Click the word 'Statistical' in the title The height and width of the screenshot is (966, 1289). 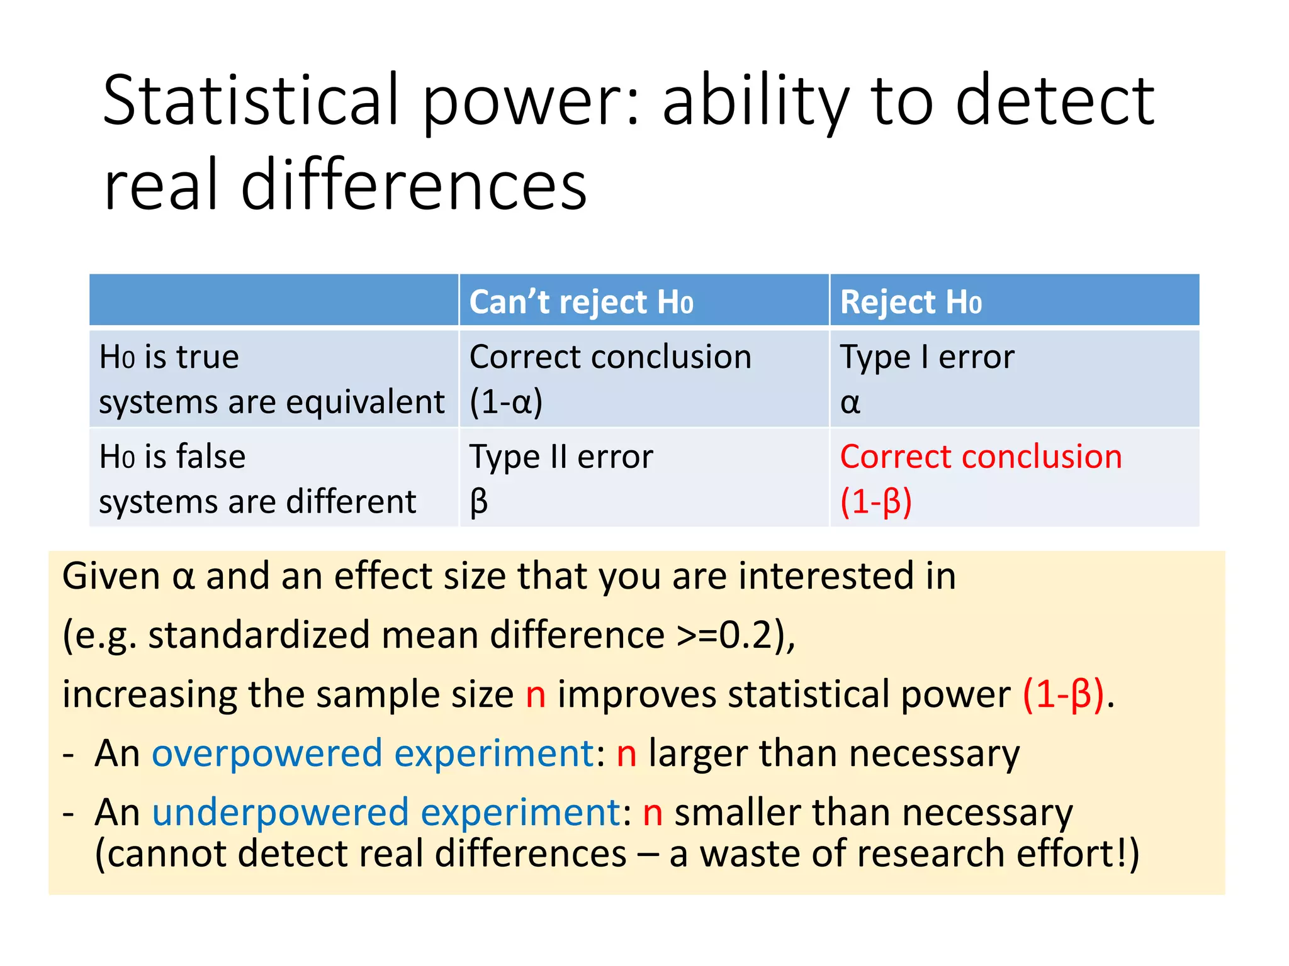(x=251, y=101)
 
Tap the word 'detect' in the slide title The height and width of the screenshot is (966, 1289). (x=1055, y=101)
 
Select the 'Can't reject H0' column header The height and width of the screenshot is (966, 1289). (x=581, y=302)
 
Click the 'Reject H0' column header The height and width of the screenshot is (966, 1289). (x=910, y=302)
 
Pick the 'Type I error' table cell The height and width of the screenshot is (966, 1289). (x=927, y=357)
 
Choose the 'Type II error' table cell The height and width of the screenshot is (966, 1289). (x=561, y=457)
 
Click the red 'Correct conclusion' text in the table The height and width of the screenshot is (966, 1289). (x=981, y=457)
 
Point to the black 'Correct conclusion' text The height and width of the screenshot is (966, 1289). (x=610, y=357)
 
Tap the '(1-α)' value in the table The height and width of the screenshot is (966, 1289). (x=506, y=402)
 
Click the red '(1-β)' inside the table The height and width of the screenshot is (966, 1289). (x=875, y=502)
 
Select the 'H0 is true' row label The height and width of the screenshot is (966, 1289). (x=169, y=357)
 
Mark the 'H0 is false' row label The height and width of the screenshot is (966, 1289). (x=172, y=457)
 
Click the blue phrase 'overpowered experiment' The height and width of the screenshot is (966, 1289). (x=373, y=753)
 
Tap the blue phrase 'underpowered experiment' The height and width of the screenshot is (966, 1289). (x=386, y=812)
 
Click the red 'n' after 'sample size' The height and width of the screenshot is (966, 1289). (x=536, y=694)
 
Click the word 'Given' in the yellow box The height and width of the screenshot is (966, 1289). (x=111, y=576)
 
